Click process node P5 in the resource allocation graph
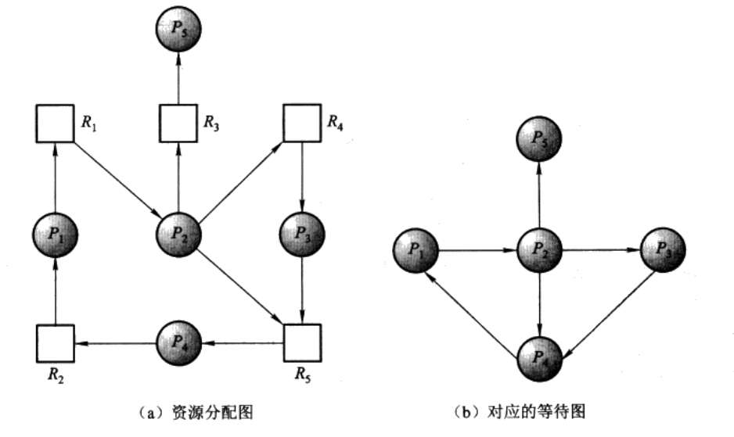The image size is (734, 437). (x=178, y=30)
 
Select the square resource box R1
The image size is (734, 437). (x=55, y=122)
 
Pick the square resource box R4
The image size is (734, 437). (x=302, y=122)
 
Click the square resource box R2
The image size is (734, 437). (x=55, y=342)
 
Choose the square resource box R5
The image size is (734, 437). (x=302, y=342)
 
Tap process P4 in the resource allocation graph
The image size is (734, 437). (x=178, y=342)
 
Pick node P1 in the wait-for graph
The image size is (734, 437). (x=416, y=251)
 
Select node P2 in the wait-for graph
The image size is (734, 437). (x=538, y=251)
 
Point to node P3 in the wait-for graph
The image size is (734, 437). (x=662, y=251)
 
